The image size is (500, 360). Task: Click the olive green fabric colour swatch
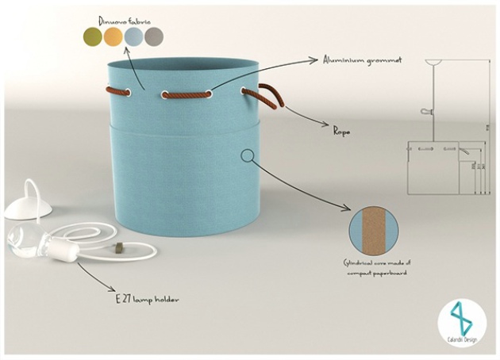(94, 36)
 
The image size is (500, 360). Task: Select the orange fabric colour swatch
(114, 36)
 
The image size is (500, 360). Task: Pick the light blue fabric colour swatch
(134, 36)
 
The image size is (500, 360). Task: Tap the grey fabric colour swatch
(155, 36)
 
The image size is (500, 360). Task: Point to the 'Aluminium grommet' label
(361, 59)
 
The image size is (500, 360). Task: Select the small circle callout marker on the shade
(248, 155)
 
